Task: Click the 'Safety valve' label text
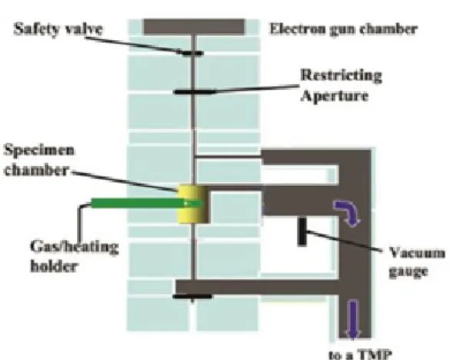(58, 29)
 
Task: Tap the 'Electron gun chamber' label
(344, 29)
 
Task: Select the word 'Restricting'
(341, 75)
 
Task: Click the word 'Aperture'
(334, 96)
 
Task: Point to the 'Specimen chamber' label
(38, 160)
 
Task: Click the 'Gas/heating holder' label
(75, 256)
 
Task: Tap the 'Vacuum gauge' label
(417, 262)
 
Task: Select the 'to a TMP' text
(360, 355)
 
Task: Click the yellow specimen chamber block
(194, 204)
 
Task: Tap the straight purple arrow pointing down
(353, 320)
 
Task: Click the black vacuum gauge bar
(302, 232)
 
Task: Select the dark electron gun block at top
(194, 27)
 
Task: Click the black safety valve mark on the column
(193, 54)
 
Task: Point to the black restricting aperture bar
(195, 92)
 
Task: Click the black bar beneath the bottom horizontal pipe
(192, 296)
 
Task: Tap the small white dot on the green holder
(186, 204)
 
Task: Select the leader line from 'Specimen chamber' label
(124, 181)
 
